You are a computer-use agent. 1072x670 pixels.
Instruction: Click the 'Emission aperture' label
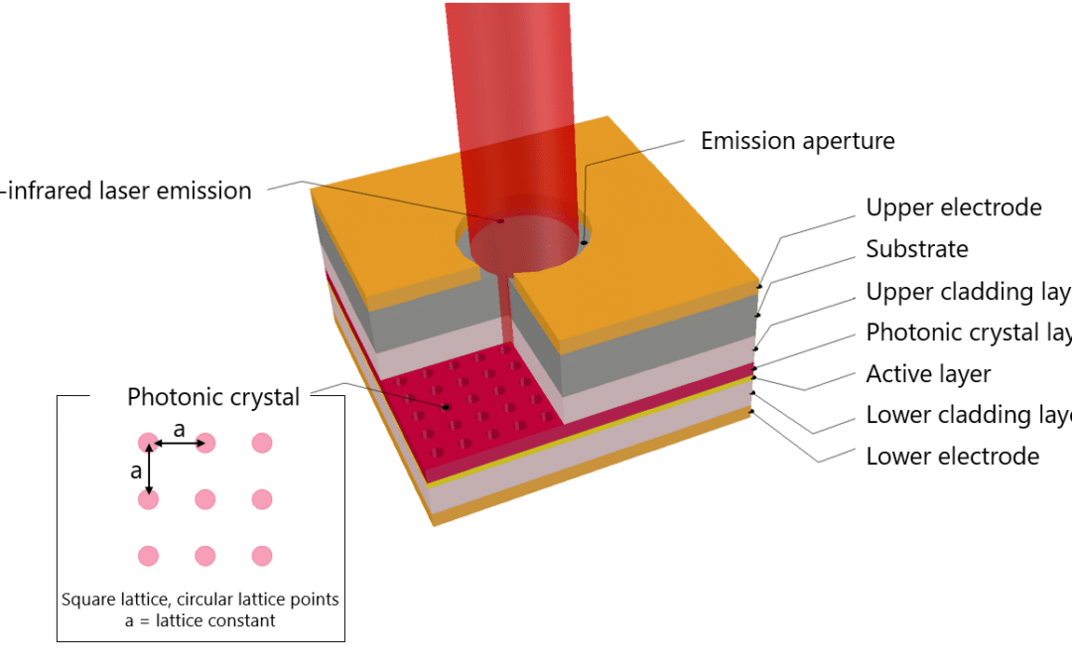pyautogui.click(x=797, y=141)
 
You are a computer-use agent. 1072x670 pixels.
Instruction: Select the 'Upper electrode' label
pyautogui.click(x=953, y=207)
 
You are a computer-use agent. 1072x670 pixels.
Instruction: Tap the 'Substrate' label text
pyautogui.click(x=916, y=248)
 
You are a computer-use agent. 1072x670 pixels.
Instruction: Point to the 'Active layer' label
pyautogui.click(x=928, y=374)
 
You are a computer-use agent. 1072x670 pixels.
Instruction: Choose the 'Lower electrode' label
pyautogui.click(x=952, y=457)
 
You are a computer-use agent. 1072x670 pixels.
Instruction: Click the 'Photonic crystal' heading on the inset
pyautogui.click(x=213, y=397)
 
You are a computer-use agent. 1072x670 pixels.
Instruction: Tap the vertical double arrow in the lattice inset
pyautogui.click(x=149, y=470)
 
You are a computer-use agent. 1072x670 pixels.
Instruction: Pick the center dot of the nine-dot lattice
pyautogui.click(x=205, y=499)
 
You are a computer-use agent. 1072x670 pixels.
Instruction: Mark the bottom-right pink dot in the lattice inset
pyautogui.click(x=262, y=556)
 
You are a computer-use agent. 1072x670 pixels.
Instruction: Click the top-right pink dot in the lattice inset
pyautogui.click(x=262, y=443)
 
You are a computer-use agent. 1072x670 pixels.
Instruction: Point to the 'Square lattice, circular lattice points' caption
pyautogui.click(x=200, y=600)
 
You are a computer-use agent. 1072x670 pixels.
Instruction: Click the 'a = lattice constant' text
pyautogui.click(x=200, y=620)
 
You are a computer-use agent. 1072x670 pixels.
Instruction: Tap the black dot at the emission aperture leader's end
pyautogui.click(x=585, y=241)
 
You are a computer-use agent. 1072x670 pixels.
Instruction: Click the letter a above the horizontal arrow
pyautogui.click(x=179, y=429)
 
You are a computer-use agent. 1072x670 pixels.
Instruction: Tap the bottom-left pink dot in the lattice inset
pyautogui.click(x=149, y=556)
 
